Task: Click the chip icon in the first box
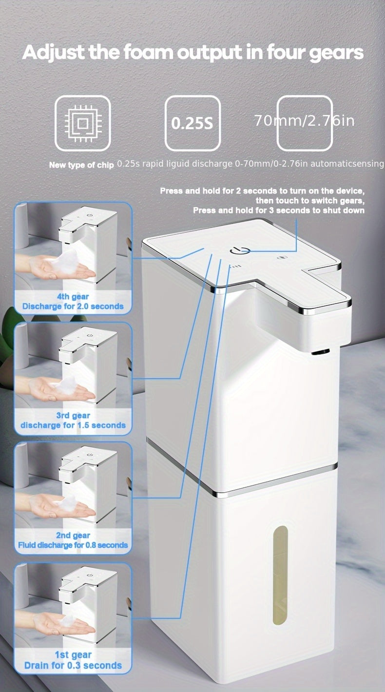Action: click(x=82, y=123)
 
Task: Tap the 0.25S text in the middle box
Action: click(x=192, y=123)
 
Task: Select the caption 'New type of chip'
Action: click(x=81, y=165)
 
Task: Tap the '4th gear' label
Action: click(x=73, y=296)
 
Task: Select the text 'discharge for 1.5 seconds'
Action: click(x=73, y=425)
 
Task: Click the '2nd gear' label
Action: click(x=73, y=535)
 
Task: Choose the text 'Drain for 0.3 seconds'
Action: click(x=73, y=665)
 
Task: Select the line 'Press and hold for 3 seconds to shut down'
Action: click(x=278, y=211)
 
